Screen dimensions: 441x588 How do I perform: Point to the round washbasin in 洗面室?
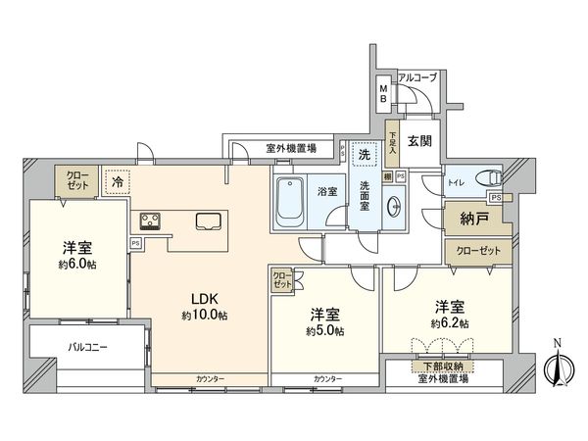pyautogui.click(x=394, y=207)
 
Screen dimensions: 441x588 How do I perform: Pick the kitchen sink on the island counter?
pyautogui.click(x=208, y=220)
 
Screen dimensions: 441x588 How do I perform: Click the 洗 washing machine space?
pyautogui.click(x=364, y=157)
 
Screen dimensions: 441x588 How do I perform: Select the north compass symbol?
pyautogui.click(x=557, y=367)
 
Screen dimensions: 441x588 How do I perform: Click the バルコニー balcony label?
pyautogui.click(x=88, y=347)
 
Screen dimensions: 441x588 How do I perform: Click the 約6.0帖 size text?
pyautogui.click(x=76, y=264)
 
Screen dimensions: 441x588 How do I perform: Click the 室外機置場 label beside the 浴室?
pyautogui.click(x=290, y=149)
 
